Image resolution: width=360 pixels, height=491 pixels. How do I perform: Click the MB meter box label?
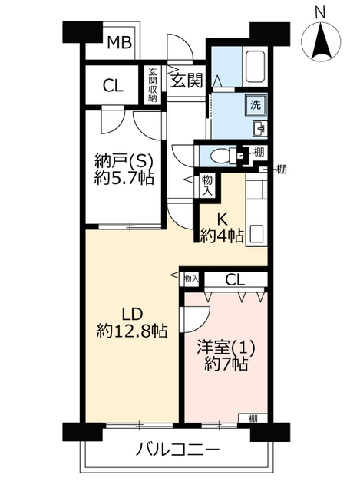tap(120, 43)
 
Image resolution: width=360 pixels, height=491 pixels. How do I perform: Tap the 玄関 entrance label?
tap(187, 81)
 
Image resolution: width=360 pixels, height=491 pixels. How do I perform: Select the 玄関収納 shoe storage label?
tap(153, 84)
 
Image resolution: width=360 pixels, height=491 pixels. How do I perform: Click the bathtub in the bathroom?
tap(256, 67)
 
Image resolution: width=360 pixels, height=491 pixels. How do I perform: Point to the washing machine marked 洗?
tap(256, 105)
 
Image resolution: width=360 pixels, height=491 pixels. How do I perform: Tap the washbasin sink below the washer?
tap(259, 128)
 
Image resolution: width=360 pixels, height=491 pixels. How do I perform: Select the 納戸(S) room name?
tap(124, 163)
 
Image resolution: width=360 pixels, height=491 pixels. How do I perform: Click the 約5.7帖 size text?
tap(124, 178)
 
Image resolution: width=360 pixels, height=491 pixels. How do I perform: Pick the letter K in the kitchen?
tap(222, 219)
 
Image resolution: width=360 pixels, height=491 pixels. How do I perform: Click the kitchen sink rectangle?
tap(256, 233)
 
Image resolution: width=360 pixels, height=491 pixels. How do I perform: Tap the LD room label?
tap(132, 314)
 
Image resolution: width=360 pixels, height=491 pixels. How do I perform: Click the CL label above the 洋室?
tap(235, 280)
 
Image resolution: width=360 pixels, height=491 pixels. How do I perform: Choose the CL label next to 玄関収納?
tap(113, 85)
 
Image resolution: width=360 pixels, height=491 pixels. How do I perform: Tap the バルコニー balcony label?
tap(177, 450)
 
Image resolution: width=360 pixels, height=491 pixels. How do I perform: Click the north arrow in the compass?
tap(321, 41)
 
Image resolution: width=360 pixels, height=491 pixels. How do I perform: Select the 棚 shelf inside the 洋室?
tap(253, 418)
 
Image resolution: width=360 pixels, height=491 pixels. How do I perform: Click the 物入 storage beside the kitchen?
tap(207, 186)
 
